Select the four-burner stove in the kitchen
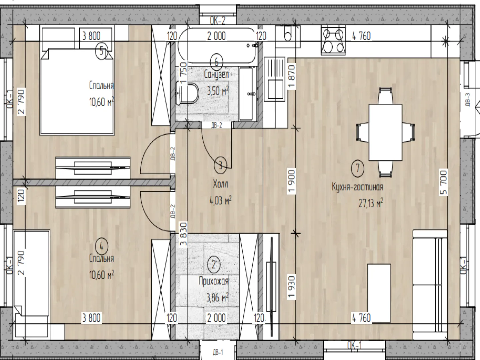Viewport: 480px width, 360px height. tap(333, 41)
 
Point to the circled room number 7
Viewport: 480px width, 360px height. tap(358, 168)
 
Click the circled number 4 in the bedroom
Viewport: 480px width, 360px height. tap(101, 247)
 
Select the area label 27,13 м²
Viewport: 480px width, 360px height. tap(371, 203)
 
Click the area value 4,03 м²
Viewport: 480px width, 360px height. tap(220, 200)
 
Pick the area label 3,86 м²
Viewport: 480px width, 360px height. tap(217, 297)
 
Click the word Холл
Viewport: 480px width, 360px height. tap(220, 184)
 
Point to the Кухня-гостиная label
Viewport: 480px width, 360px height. tap(358, 187)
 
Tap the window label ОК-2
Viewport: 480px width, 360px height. tap(217, 21)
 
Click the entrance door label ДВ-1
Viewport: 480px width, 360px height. tap(218, 352)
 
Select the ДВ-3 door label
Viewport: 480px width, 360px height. tap(467, 100)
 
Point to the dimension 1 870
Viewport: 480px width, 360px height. tap(292, 77)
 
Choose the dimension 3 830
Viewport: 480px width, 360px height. tap(183, 234)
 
